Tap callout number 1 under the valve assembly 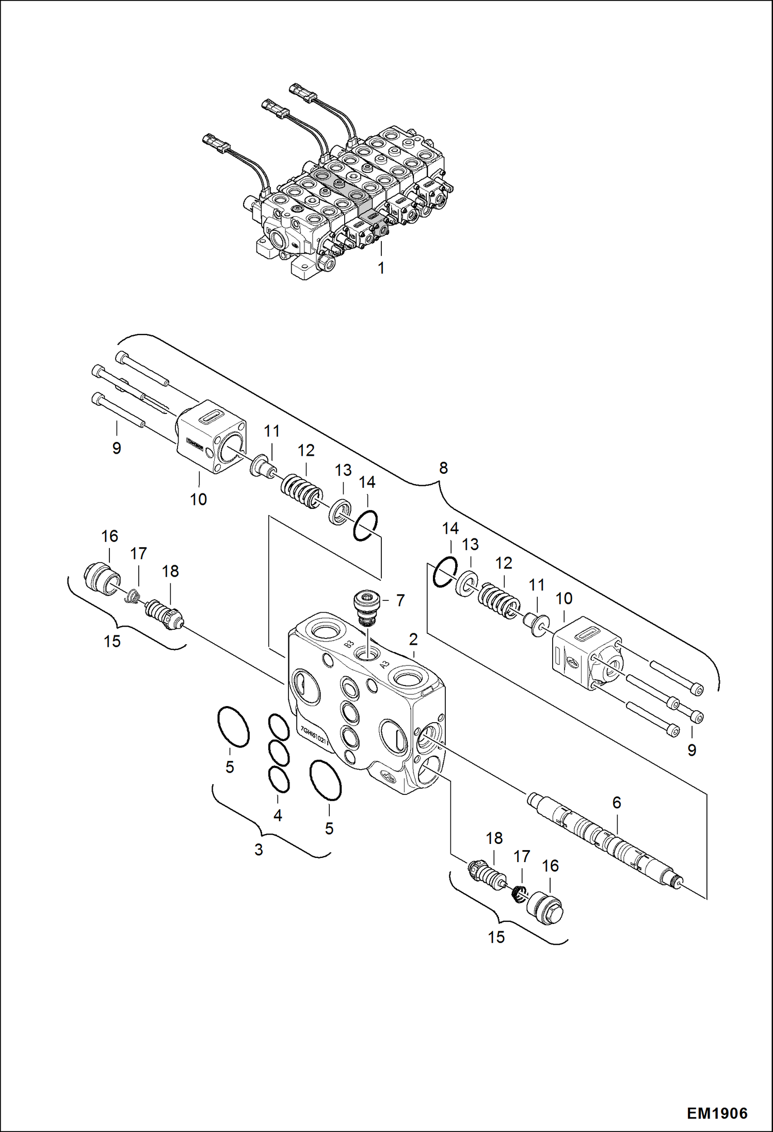[x=381, y=268]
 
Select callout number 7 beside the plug [x=400, y=600]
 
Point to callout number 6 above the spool [x=617, y=802]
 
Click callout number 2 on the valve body [x=413, y=639]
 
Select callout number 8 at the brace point [x=443, y=468]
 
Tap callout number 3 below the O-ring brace [x=259, y=849]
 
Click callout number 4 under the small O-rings [x=278, y=815]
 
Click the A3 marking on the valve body [x=384, y=665]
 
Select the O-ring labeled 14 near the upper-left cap [x=365, y=525]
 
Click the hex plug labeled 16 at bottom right [x=548, y=910]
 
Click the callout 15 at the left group [x=112, y=641]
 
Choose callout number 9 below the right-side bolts [x=691, y=750]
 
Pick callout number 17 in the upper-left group [x=138, y=554]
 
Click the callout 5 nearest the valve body [x=329, y=828]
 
